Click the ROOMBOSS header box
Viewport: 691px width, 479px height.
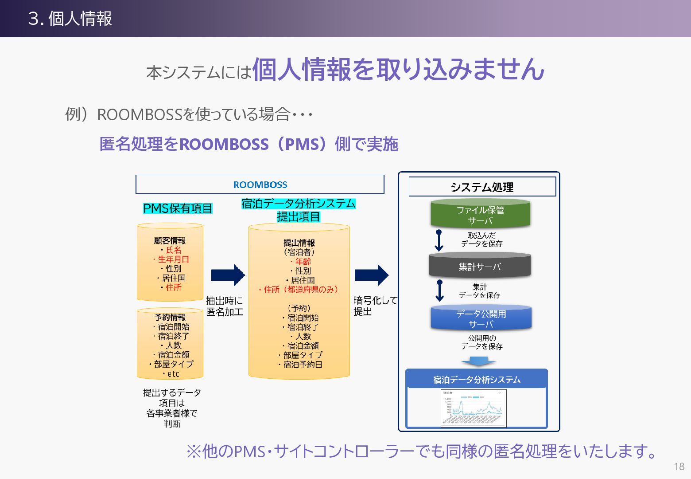point(260,185)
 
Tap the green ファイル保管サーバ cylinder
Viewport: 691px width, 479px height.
point(480,215)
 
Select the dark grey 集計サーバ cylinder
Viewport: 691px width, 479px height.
point(480,266)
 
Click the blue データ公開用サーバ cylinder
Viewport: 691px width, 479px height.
point(481,318)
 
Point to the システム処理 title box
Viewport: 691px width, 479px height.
point(482,187)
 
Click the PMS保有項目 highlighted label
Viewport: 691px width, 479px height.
point(178,208)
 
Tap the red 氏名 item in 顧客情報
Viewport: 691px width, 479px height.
point(173,250)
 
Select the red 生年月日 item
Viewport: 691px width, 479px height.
point(173,259)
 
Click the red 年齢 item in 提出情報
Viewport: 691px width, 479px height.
point(303,262)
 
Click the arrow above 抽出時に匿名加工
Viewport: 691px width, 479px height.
point(228,275)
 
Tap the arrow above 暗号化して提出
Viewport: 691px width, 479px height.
point(371,275)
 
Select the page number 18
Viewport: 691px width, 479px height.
point(679,467)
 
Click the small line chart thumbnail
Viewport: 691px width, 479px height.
point(474,408)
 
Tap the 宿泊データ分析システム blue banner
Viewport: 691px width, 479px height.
point(477,380)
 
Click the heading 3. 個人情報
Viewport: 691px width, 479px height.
point(70,19)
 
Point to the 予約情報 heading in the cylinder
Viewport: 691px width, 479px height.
point(170,318)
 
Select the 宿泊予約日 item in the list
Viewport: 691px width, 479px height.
point(303,365)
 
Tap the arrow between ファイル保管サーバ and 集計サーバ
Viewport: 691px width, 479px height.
point(439,240)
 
